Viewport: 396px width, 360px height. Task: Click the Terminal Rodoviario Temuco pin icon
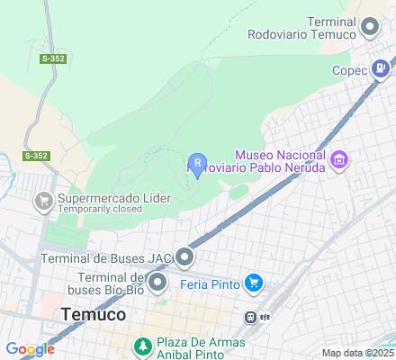click(369, 27)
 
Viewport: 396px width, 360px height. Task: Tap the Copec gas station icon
click(382, 67)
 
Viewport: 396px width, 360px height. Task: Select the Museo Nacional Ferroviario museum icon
click(339, 161)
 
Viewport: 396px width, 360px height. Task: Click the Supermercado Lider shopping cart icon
click(42, 202)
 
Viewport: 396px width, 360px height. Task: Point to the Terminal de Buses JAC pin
click(184, 258)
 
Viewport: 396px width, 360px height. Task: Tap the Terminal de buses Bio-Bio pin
click(158, 285)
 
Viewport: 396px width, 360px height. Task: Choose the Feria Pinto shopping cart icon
click(254, 283)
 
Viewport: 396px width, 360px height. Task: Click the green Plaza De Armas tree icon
click(141, 346)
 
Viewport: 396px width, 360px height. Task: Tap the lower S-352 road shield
click(35, 156)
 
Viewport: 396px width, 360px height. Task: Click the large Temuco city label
click(94, 315)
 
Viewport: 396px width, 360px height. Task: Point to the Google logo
click(30, 349)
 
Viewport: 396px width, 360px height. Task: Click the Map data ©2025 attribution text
click(358, 353)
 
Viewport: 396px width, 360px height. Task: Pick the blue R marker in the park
click(197, 163)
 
